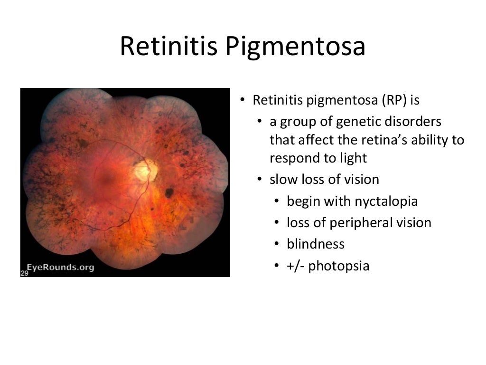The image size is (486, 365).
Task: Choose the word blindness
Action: (316, 244)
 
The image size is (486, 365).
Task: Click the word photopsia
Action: (338, 266)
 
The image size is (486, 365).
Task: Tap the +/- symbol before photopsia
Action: (296, 266)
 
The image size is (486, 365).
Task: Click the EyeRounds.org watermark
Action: (60, 267)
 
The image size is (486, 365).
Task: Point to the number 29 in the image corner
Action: (24, 273)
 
